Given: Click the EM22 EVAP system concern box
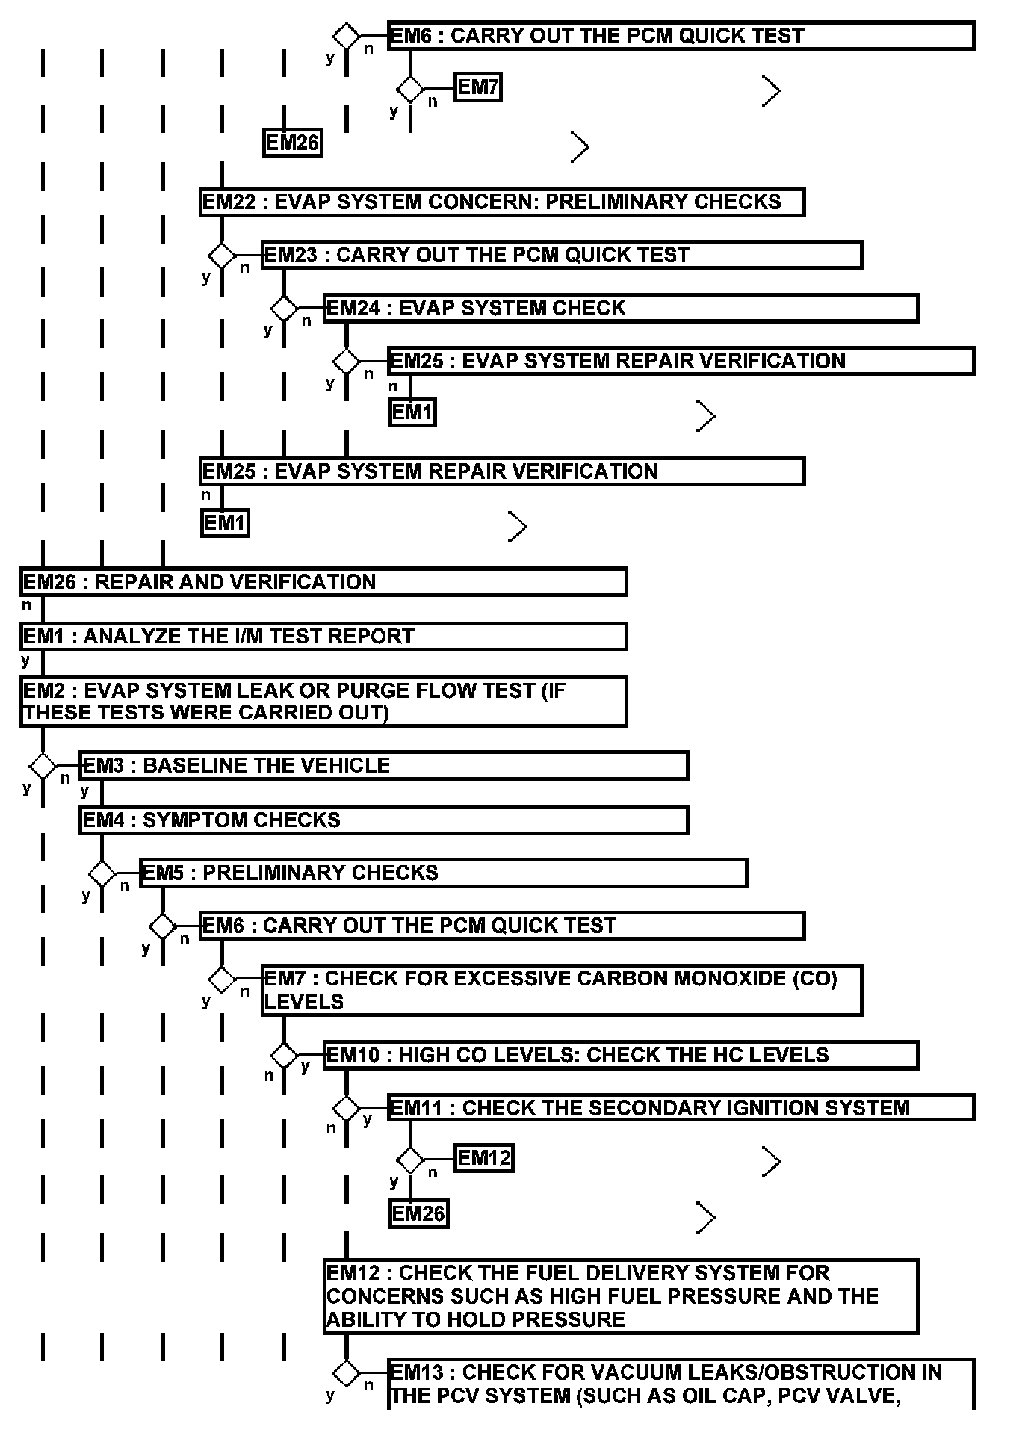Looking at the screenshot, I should (x=501, y=202).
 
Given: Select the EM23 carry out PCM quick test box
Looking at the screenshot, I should (x=562, y=255).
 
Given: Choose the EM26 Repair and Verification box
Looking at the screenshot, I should (x=323, y=582).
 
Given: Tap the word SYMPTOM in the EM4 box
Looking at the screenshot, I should (x=190, y=820).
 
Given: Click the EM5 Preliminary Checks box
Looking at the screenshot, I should (x=443, y=873).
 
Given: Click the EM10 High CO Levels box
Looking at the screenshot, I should (x=620, y=1055).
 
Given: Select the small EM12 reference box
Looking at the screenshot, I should (x=483, y=1158).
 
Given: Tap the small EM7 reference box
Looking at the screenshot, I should (x=477, y=87).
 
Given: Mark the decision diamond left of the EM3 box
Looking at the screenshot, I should (x=43, y=766).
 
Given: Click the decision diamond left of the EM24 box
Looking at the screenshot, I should (x=284, y=308).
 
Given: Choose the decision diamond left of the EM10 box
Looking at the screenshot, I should (x=284, y=1056).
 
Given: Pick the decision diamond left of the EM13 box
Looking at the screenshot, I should (x=346, y=1372).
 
